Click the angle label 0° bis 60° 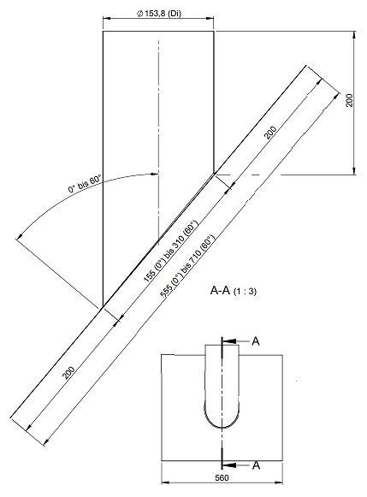tap(85, 184)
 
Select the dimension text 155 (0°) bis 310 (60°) tap(170, 251)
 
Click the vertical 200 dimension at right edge tap(349, 100)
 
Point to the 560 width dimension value tap(222, 477)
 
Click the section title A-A tap(220, 290)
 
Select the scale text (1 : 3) tap(245, 292)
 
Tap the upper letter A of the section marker tap(256, 341)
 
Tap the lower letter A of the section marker tap(256, 465)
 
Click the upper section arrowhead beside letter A tap(229, 341)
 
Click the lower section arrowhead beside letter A tap(229, 465)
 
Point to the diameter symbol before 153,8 tap(139, 14)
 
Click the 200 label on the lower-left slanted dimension tap(68, 373)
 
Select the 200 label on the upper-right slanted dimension tap(270, 133)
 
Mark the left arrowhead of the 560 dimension tap(165, 483)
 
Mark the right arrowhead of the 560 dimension tap(279, 483)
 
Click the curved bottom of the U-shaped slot tap(222, 428)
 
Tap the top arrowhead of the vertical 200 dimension tap(354, 35)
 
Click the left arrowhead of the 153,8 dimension tap(107, 18)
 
